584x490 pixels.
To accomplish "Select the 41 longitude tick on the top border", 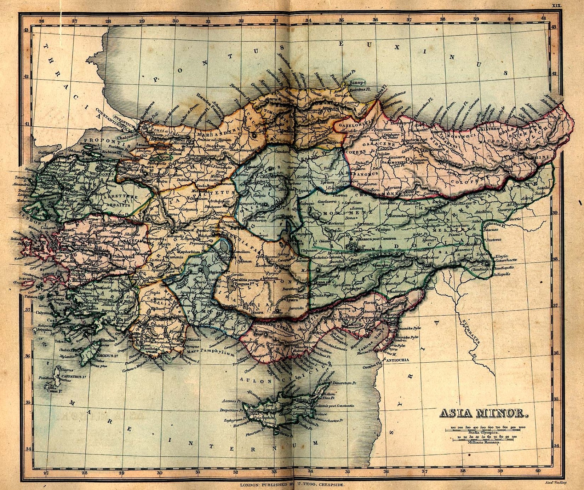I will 543,18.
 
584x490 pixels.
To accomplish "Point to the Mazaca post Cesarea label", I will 376,239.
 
